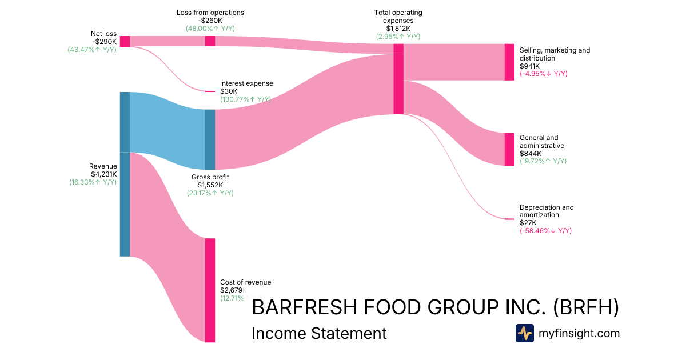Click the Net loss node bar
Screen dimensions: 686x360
coord(125,41)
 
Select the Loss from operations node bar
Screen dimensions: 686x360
coord(210,41)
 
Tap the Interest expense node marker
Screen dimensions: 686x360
coord(210,91)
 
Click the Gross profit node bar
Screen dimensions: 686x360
coord(210,139)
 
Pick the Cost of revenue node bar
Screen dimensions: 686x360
coord(210,290)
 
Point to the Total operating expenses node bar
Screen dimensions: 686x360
coord(398,79)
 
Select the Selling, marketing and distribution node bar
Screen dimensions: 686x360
coord(509,62)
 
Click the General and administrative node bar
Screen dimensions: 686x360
coord(509,150)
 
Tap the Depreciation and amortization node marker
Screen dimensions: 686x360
coord(509,219)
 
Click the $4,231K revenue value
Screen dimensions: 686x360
coord(103,174)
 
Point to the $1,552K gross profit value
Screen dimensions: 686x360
coord(210,185)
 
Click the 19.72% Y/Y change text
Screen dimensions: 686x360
coord(543,161)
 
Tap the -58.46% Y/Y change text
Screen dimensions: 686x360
coord(545,231)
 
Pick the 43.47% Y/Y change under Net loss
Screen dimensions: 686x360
coord(92,50)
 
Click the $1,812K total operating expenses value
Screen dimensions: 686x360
coord(398,29)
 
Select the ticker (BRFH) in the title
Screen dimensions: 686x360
coord(587,307)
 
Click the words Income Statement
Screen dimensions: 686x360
coord(319,333)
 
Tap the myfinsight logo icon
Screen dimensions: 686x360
coord(524,333)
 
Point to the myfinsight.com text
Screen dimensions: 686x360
coord(579,333)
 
